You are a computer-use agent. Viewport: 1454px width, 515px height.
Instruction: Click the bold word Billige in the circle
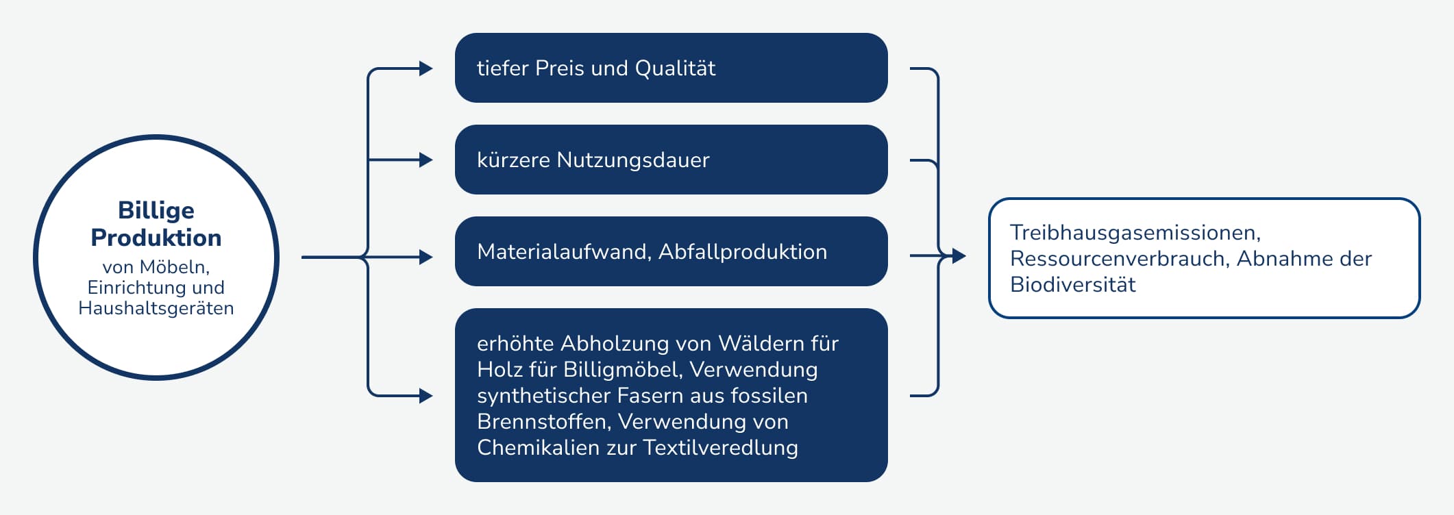[x=156, y=211]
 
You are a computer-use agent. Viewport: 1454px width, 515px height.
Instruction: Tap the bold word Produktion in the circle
[x=156, y=238]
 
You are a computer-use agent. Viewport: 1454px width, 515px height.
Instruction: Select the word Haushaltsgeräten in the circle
[x=156, y=308]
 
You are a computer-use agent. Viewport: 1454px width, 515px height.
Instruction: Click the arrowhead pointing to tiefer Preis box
[x=426, y=68]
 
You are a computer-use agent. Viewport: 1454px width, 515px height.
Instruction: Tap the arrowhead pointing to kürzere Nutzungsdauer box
[x=426, y=160]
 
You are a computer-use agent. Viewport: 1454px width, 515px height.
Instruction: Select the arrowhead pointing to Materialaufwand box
[x=426, y=257]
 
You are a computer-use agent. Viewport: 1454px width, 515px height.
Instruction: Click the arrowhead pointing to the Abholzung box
[x=426, y=396]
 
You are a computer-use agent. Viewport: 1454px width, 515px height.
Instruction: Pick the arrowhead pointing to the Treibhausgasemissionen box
[x=959, y=256]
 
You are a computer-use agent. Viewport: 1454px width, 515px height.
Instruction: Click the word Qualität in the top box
[x=675, y=68]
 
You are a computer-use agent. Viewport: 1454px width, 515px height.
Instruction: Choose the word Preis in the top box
[x=559, y=68]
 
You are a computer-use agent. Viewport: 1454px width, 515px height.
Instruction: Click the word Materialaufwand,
[x=564, y=252]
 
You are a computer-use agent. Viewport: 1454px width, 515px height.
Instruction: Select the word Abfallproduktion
[x=743, y=252]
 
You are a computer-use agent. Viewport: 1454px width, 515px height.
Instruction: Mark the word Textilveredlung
[x=721, y=448]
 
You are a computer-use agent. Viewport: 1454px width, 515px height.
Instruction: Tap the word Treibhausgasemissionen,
[x=1135, y=233]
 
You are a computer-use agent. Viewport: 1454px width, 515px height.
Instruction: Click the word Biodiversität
[x=1073, y=285]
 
